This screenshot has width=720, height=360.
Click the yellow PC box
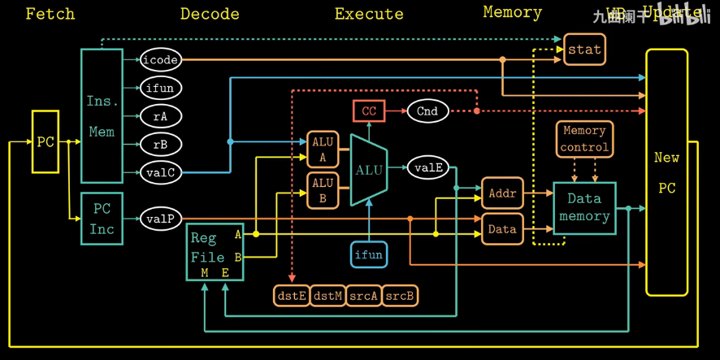(46, 142)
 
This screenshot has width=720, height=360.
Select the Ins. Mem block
(102, 115)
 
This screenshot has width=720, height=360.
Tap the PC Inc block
(102, 219)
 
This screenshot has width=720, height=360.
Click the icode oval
(160, 60)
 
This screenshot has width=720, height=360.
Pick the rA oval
(160, 116)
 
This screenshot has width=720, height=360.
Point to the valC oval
(160, 172)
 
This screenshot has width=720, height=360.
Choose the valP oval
(160, 219)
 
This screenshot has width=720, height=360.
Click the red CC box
(369, 111)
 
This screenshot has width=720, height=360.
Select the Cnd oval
(427, 111)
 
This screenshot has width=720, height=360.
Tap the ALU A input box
(323, 150)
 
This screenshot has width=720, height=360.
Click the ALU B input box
(323, 190)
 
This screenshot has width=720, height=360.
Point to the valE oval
(427, 168)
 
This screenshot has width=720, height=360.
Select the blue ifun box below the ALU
(368, 254)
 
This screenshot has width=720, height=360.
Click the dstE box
(292, 296)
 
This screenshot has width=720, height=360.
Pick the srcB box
(400, 296)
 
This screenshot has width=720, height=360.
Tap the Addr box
(502, 193)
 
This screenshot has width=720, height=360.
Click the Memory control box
(584, 139)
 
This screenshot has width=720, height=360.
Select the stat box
(584, 50)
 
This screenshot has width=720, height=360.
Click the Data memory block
(584, 208)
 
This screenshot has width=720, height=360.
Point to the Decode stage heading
(210, 14)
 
